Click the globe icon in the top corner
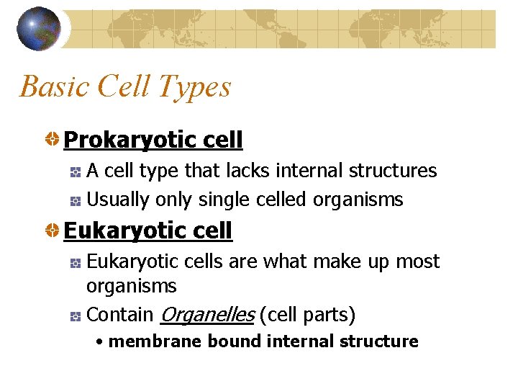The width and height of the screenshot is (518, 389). pyautogui.click(x=39, y=29)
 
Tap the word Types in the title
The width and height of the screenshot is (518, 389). pyautogui.click(x=196, y=86)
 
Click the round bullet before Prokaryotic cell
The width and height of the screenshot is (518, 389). pyautogui.click(x=53, y=139)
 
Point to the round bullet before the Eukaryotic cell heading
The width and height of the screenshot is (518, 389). pyautogui.click(x=53, y=231)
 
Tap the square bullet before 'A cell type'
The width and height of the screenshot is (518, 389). pyautogui.click(x=76, y=171)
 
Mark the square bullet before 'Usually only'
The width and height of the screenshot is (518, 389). pyautogui.click(x=76, y=200)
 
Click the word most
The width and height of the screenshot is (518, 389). pyautogui.click(x=417, y=261)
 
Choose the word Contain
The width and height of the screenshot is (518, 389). pyautogui.click(x=119, y=315)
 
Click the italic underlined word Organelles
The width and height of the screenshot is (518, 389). pyautogui.click(x=206, y=315)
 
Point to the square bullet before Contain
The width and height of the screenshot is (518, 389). pyautogui.click(x=76, y=316)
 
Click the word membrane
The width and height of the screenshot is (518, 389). pyautogui.click(x=155, y=341)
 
